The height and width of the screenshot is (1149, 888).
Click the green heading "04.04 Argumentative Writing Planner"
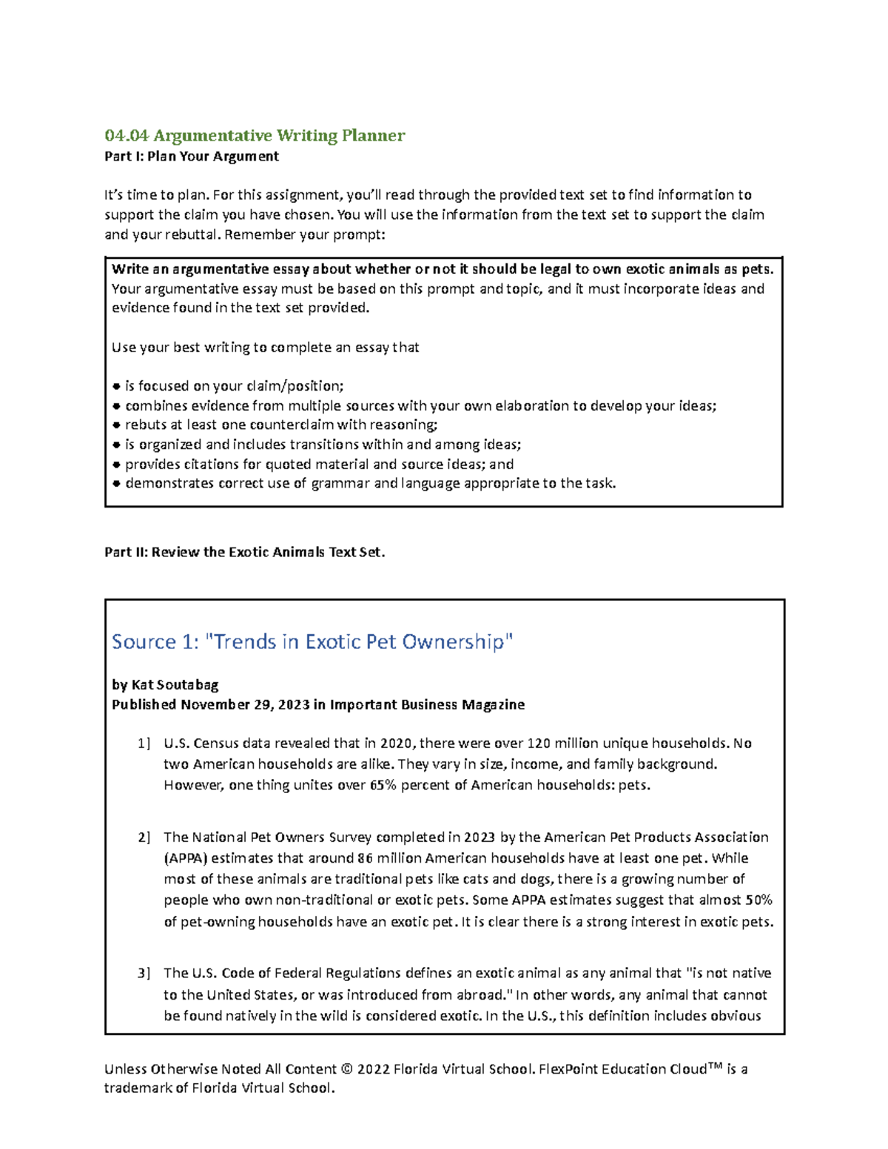click(255, 135)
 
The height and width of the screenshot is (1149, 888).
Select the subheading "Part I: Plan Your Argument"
click(192, 156)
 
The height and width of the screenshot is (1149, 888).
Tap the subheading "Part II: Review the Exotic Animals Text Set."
click(245, 552)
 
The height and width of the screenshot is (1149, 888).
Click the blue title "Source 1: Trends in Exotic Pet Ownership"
click(312, 641)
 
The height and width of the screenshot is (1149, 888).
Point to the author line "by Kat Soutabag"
click(165, 684)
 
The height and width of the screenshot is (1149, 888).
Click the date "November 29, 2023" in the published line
click(245, 704)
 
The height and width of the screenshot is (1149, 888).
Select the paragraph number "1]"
click(144, 744)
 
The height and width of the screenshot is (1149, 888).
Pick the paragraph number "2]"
click(144, 838)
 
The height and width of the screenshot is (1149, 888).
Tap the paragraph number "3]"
click(144, 973)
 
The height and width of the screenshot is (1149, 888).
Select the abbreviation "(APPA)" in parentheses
click(186, 858)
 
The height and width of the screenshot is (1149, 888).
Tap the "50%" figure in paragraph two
click(758, 900)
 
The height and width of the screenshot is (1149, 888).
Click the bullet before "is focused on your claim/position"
click(116, 386)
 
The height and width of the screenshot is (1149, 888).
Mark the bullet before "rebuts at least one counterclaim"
click(116, 425)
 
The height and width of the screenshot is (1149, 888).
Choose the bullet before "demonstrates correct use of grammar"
click(116, 484)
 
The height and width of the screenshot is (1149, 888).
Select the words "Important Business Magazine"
click(427, 704)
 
